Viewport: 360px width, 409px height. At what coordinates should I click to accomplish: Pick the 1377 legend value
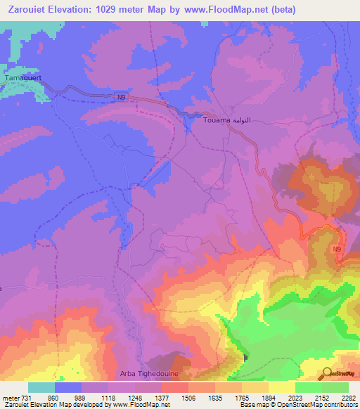162,398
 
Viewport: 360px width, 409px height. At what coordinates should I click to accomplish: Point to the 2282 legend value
349,398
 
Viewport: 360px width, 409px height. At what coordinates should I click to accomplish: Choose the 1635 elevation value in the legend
216,398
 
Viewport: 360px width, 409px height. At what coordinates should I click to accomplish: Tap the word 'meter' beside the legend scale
9,398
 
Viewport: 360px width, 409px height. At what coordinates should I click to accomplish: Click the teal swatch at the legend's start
41,387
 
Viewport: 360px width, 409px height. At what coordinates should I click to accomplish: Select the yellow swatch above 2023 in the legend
281,387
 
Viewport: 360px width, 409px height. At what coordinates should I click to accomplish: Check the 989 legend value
82,398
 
